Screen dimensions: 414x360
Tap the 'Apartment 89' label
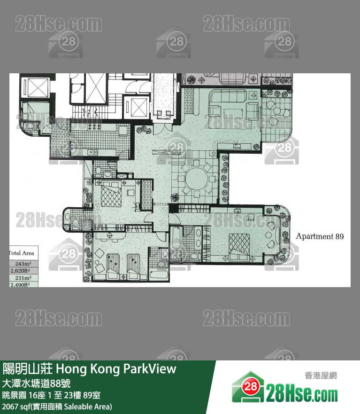pyautogui.click(x=320, y=236)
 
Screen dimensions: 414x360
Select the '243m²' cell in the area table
pyautogui.click(x=23, y=263)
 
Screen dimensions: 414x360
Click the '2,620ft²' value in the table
pyautogui.click(x=23, y=270)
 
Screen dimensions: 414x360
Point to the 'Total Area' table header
pyautogui.click(x=22, y=253)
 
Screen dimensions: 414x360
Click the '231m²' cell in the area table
pyautogui.click(x=23, y=278)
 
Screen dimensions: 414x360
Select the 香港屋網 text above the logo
pyautogui.click(x=320, y=375)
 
